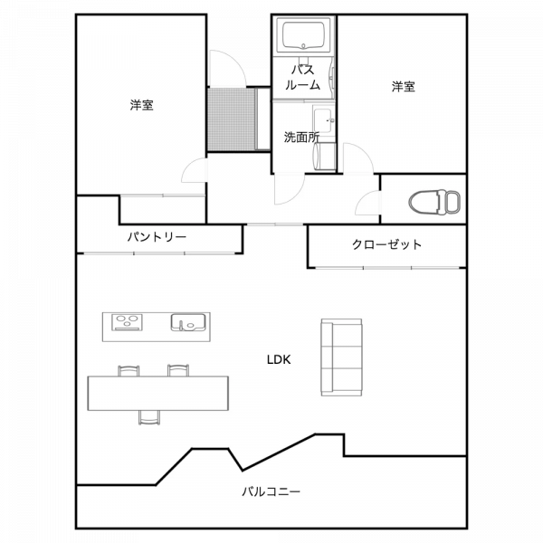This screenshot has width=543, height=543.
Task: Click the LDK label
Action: click(278, 358)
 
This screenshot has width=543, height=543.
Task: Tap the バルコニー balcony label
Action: click(271, 493)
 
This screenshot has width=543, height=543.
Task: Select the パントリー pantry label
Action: click(156, 237)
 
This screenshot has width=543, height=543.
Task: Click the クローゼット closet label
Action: click(386, 244)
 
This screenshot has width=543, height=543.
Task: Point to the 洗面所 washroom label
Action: click(300, 138)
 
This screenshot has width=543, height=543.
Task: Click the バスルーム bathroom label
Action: click(302, 77)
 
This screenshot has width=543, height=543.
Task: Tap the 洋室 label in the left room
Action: click(140, 106)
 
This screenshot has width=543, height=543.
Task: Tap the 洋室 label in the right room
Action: click(404, 87)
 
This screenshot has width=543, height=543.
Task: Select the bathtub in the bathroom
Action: click(305, 36)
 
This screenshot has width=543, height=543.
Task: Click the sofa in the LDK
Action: click(341, 357)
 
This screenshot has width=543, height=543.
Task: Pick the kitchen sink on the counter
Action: click(187, 322)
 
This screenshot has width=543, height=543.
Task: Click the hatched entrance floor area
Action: click(233, 120)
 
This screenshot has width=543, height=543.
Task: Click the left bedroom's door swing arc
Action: click(194, 172)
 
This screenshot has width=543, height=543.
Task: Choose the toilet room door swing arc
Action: click(367, 202)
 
